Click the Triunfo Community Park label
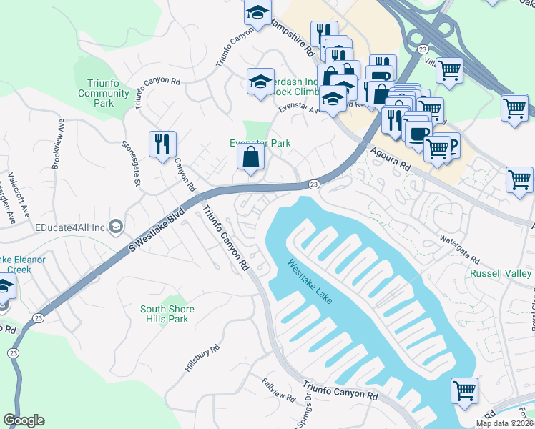click(104, 94)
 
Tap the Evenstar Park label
click(260, 143)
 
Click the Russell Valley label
click(501, 274)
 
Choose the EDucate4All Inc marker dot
click(117, 227)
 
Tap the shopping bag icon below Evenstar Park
click(250, 158)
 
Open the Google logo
click(24, 420)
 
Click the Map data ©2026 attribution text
click(505, 423)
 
